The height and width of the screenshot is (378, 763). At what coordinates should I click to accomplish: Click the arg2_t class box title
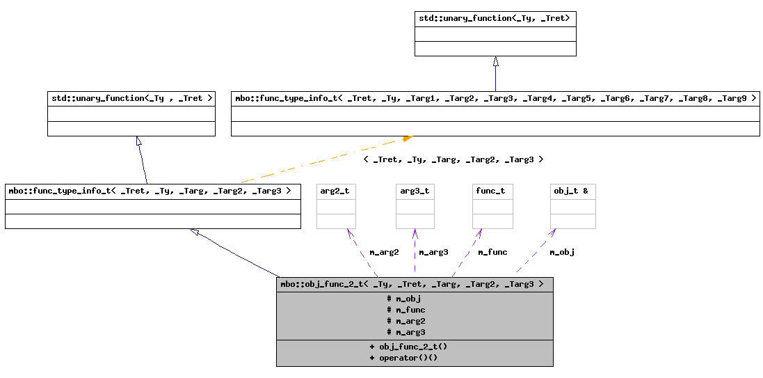pos(336,191)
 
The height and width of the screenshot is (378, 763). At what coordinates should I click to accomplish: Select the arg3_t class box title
pos(415,191)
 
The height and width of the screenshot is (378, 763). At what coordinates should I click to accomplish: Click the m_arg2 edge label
pos(384,252)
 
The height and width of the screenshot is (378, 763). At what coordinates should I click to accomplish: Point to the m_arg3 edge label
pos(433,252)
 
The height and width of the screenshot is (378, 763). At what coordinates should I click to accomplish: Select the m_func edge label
pos(492,252)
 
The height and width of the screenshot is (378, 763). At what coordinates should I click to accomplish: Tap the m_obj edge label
pos(562,252)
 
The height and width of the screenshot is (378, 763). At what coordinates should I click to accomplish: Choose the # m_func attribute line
pos(406,310)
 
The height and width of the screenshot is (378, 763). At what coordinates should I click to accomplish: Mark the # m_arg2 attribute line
pos(406,321)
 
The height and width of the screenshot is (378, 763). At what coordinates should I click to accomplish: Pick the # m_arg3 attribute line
pos(406,332)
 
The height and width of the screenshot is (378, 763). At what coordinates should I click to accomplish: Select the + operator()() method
pos(403,357)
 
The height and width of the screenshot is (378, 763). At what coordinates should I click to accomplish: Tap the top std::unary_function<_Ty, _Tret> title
pos(495,18)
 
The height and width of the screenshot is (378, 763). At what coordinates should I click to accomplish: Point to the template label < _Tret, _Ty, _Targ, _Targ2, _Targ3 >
pos(453,159)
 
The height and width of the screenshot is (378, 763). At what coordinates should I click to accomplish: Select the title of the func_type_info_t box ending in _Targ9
pos(495,98)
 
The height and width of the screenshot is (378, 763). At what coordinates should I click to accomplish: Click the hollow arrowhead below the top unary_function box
pos(495,61)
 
